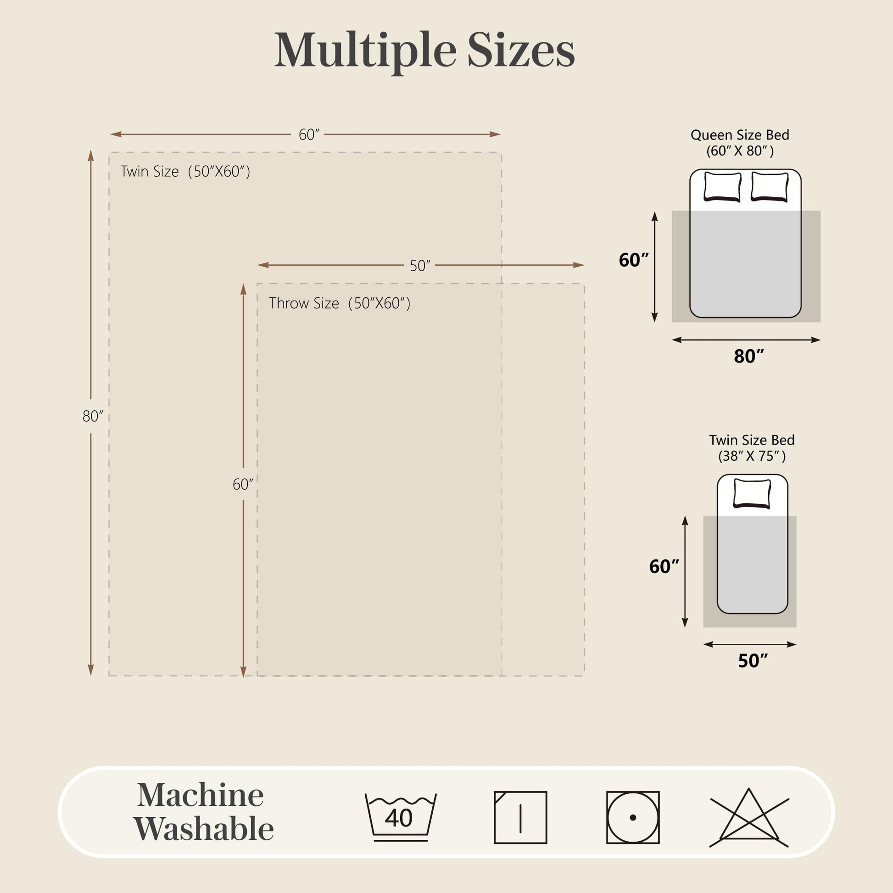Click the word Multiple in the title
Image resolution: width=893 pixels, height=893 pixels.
tap(366, 51)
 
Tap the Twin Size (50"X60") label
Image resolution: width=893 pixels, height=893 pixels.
tap(185, 172)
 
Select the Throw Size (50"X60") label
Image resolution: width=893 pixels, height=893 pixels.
tap(340, 303)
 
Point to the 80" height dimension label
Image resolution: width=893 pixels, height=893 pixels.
tap(93, 416)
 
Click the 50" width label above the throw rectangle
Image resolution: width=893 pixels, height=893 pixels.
tap(420, 266)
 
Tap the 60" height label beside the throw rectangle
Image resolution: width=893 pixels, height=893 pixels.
tap(243, 484)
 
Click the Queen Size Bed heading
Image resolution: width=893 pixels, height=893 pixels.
tap(740, 135)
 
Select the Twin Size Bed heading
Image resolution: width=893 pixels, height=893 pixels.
tap(752, 440)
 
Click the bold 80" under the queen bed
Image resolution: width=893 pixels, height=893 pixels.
tap(749, 356)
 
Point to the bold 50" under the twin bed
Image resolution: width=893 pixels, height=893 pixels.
tap(753, 660)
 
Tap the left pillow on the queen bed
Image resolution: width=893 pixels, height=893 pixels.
tap(722, 187)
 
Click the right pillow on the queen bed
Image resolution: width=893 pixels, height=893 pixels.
tap(770, 187)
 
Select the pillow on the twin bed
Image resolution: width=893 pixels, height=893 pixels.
tap(753, 494)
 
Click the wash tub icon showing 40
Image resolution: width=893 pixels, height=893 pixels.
tap(401, 817)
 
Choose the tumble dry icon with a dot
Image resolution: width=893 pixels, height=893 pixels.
tap(633, 817)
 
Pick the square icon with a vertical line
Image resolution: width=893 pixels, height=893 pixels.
tap(520, 817)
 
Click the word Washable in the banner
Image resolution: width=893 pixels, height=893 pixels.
tap(204, 829)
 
